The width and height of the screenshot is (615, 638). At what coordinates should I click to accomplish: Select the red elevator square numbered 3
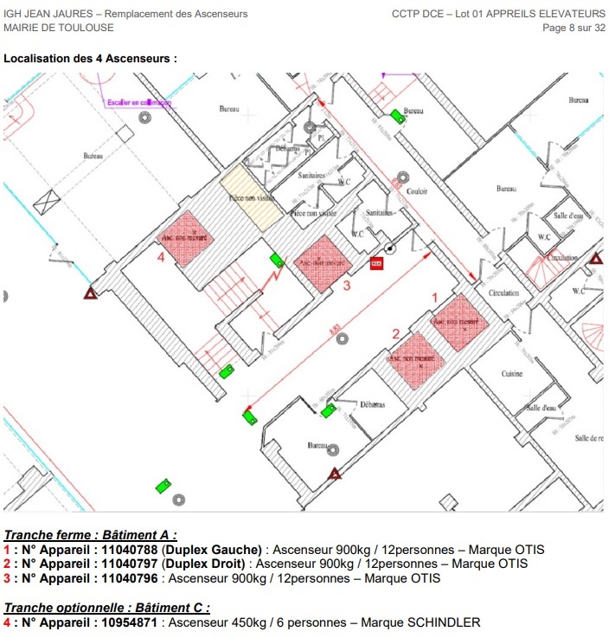pyautogui.click(x=322, y=263)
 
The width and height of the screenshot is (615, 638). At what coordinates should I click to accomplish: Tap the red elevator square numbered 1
pyautogui.click(x=461, y=321)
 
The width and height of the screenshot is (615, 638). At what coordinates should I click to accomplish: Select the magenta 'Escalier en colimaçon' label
pyautogui.click(x=139, y=102)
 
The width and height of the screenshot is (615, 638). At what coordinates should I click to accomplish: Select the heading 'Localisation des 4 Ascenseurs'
pyautogui.click(x=90, y=59)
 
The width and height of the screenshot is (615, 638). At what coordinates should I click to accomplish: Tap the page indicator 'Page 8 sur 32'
pyautogui.click(x=573, y=28)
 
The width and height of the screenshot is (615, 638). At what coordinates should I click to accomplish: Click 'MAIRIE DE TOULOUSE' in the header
pyautogui.click(x=59, y=28)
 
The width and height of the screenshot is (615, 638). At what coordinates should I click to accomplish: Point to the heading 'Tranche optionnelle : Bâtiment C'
pyautogui.click(x=107, y=609)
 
